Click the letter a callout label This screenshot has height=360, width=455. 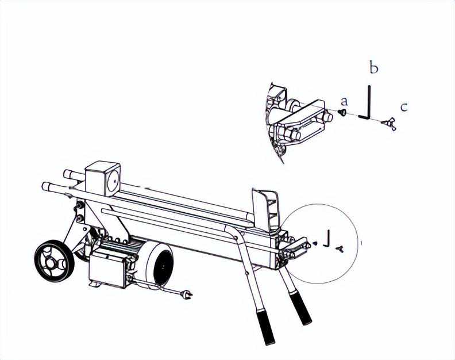(344, 102)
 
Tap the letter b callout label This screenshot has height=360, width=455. (374, 67)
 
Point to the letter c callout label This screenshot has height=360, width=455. (404, 107)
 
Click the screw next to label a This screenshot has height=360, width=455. (342, 113)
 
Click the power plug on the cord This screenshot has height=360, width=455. (186, 294)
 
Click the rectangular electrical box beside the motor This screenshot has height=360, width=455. (108, 270)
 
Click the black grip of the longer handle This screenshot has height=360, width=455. (265, 327)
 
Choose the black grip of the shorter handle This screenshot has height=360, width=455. (300, 309)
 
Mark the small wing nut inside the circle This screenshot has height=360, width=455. (340, 248)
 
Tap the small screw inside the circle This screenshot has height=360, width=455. (316, 243)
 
